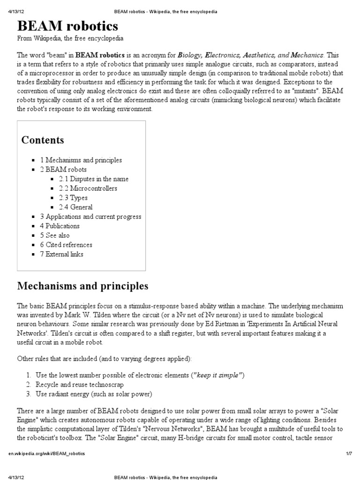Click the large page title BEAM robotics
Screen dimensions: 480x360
pos(67,25)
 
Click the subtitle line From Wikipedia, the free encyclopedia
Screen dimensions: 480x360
pos(70,38)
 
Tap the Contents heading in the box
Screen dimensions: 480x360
pos(43,140)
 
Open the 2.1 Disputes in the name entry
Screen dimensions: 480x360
pos(93,179)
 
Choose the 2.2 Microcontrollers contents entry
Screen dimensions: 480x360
pos(88,188)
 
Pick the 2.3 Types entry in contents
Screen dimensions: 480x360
pos(73,198)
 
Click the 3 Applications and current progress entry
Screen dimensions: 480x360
pos(90,217)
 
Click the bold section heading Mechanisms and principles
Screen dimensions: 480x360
pos(82,285)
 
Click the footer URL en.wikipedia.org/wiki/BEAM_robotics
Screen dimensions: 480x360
pos(46,454)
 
